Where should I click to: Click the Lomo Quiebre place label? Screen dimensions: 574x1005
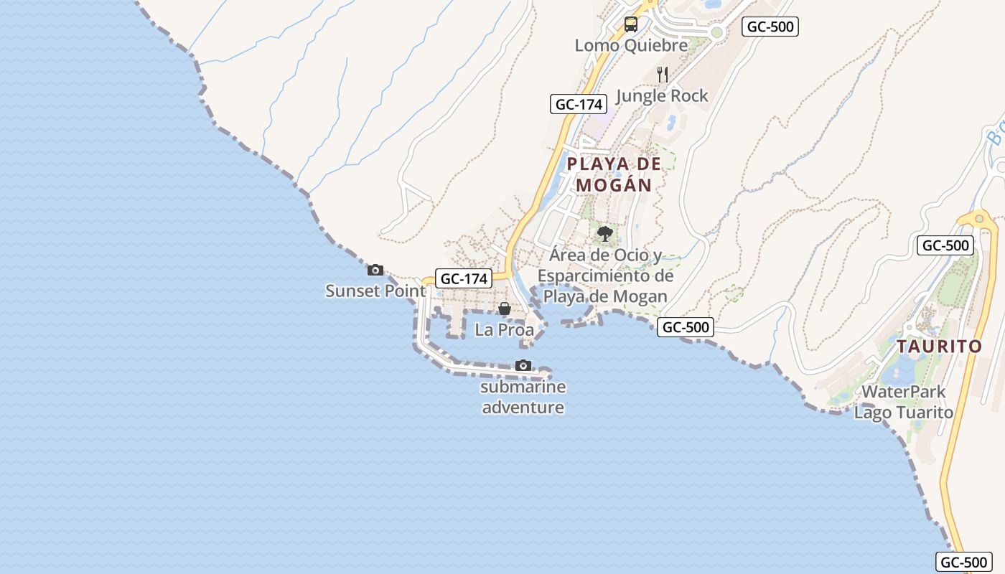(x=631, y=45)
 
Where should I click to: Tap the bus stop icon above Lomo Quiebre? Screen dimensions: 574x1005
(x=630, y=24)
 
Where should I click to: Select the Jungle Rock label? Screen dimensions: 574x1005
(x=662, y=95)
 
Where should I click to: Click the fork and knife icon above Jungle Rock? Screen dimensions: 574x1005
(x=663, y=74)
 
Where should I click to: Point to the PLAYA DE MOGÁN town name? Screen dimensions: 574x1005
(x=614, y=174)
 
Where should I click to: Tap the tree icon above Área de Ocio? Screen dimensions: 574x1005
(x=605, y=233)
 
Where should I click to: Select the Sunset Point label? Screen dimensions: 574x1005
(x=375, y=291)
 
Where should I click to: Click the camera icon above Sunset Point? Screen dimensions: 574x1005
(x=375, y=270)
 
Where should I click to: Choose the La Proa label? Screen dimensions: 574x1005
(x=505, y=330)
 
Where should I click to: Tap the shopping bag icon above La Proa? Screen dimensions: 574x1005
(x=505, y=309)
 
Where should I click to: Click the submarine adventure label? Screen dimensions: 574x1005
(x=523, y=397)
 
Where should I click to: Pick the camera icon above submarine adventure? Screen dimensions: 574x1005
(x=523, y=365)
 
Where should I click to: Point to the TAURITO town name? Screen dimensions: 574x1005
(x=939, y=347)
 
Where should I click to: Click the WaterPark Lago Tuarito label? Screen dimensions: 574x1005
(x=903, y=403)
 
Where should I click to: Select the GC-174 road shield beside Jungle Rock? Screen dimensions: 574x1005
(x=578, y=104)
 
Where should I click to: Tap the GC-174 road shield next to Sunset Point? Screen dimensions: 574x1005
(x=464, y=278)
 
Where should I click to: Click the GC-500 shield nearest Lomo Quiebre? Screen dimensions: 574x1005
(x=770, y=27)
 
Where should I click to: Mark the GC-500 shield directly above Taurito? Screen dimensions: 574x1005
(x=946, y=245)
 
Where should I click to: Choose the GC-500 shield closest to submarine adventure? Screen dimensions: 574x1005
(x=686, y=327)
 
